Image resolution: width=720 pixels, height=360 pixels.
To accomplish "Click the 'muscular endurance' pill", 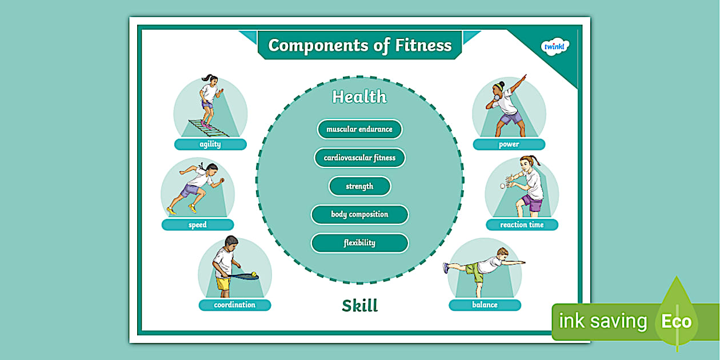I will [359, 129].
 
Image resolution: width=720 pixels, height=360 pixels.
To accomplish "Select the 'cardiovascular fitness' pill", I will [359, 158].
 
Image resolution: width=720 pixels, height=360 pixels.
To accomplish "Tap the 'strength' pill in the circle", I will [359, 186].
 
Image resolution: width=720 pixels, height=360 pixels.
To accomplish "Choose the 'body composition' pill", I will [359, 215].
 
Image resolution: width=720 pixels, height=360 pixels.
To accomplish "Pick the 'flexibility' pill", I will [359, 243].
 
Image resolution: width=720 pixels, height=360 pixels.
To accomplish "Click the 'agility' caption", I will [210, 145].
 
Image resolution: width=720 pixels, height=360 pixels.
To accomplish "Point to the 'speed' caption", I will [198, 225].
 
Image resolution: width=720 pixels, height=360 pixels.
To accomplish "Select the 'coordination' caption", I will [234, 305].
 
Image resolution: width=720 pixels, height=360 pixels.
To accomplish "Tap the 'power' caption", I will [509, 145].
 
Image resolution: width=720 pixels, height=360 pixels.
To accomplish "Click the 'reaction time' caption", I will [522, 225].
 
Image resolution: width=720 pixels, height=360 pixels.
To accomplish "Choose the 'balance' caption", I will [485, 305].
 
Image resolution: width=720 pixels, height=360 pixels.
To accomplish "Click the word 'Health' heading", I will [359, 97].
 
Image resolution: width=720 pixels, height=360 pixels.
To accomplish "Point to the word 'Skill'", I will [360, 306].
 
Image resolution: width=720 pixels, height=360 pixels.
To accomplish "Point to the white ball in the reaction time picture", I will [503, 186].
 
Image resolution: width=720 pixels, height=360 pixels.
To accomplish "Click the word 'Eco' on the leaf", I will [677, 322].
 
